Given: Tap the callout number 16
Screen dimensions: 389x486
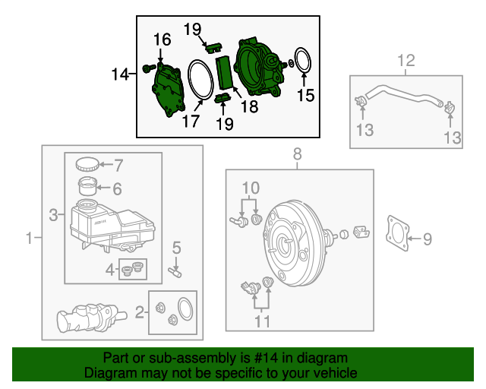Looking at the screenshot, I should (163, 40).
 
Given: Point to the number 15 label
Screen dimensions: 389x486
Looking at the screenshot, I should (305, 95).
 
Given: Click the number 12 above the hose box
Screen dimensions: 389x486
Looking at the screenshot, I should (406, 59).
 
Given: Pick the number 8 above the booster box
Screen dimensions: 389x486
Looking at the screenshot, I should (297, 154).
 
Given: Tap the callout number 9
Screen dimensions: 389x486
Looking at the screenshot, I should (427, 240).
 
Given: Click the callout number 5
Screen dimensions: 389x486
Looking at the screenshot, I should (176, 247).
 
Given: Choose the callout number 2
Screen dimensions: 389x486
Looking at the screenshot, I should (140, 311).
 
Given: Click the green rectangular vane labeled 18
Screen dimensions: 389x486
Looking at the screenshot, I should (226, 73).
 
